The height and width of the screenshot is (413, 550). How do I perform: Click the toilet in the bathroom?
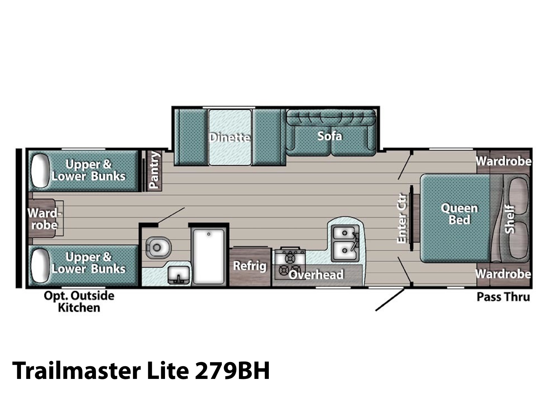click(x=158, y=247)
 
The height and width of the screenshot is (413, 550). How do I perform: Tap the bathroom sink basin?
click(x=178, y=275)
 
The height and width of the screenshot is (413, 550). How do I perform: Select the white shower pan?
click(x=209, y=256)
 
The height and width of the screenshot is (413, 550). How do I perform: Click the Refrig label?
click(x=250, y=266)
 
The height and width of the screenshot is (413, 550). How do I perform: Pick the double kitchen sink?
click(x=345, y=243)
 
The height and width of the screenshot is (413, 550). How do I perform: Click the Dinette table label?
click(x=230, y=137)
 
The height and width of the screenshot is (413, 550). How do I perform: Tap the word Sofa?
click(x=330, y=136)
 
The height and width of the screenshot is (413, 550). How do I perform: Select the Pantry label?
click(x=154, y=170)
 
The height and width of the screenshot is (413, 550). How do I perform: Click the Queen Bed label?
click(x=459, y=214)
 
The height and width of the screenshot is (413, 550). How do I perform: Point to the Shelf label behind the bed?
click(x=509, y=220)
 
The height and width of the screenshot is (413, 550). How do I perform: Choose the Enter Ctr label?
click(x=401, y=218)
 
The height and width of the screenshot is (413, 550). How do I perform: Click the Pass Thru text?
click(x=503, y=297)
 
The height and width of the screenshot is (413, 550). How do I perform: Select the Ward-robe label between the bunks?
click(x=44, y=219)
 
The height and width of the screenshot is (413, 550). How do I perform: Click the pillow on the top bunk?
click(x=40, y=170)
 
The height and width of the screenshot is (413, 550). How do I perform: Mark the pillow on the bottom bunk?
click(x=40, y=266)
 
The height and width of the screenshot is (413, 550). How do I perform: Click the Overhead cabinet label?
click(x=316, y=275)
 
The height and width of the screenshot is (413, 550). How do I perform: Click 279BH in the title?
click(x=232, y=371)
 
